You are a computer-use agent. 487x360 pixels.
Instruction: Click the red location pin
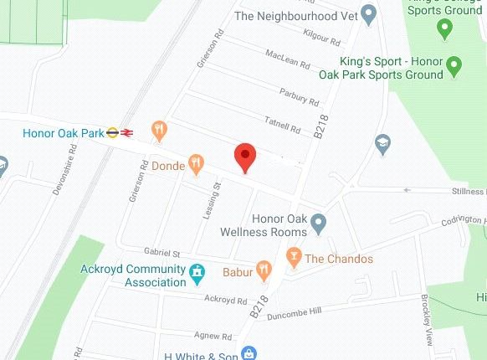[x=243, y=156]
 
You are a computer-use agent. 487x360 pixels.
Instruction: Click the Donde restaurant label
[x=168, y=166]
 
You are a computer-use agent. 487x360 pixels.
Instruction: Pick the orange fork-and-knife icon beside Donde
[x=197, y=163]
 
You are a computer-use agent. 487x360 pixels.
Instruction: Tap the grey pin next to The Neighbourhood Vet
[x=367, y=14]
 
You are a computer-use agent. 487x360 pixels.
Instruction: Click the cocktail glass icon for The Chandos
[x=293, y=258]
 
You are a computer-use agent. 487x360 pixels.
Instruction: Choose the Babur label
[x=238, y=270]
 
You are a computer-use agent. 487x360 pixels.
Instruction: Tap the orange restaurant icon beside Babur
[x=264, y=270]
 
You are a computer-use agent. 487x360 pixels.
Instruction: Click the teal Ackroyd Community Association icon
[x=197, y=271]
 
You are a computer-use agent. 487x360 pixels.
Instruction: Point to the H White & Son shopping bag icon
[x=248, y=352]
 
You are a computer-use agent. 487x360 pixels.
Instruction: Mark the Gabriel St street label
[x=162, y=253]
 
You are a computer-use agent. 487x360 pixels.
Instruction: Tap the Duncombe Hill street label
[x=311, y=311]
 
